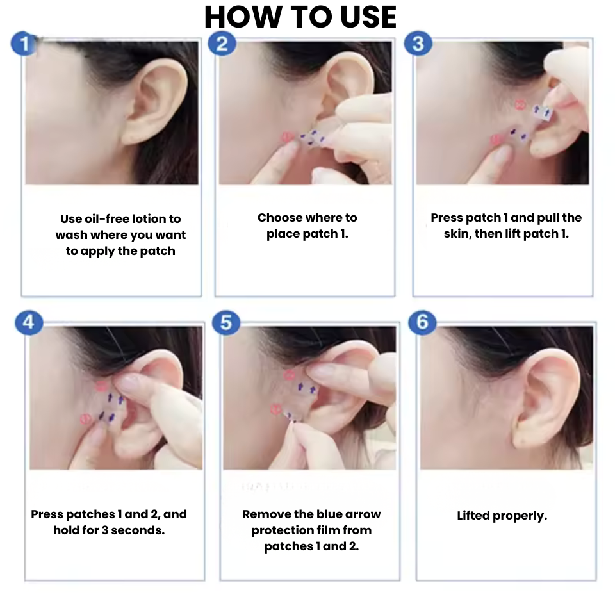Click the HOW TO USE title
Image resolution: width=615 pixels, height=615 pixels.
[300, 17]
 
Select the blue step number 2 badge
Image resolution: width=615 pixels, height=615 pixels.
[222, 44]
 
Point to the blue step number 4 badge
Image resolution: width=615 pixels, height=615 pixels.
[29, 322]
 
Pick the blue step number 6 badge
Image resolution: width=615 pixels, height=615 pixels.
[422, 322]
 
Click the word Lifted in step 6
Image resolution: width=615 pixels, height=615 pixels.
[473, 516]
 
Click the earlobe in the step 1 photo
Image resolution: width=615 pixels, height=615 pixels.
[133, 135]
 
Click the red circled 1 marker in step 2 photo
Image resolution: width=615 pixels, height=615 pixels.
[287, 136]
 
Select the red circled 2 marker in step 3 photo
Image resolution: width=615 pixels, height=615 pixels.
[520, 104]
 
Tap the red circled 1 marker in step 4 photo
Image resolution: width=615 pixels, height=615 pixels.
[85, 419]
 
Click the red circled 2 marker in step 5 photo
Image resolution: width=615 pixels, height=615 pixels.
[288, 376]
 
